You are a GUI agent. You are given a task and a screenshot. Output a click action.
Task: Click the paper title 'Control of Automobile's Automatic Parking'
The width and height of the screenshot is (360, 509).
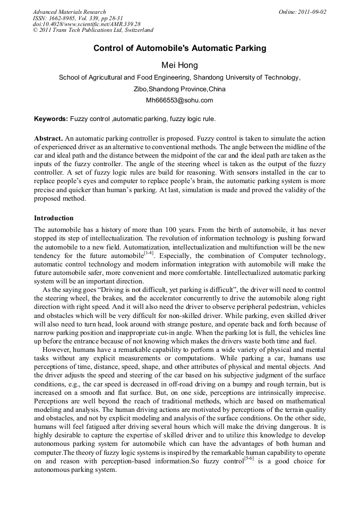pyautogui.click(x=179, y=48)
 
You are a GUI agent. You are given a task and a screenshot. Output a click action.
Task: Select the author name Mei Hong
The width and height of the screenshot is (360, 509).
pyautogui.click(x=179, y=65)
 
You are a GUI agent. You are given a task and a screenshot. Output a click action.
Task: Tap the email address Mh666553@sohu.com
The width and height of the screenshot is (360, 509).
pyautogui.click(x=179, y=100)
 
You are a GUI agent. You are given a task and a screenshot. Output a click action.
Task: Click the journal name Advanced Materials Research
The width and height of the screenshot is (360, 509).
pyautogui.click(x=69, y=12)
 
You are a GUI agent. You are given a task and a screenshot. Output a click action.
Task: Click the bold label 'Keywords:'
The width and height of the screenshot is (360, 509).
pyautogui.click(x=51, y=119)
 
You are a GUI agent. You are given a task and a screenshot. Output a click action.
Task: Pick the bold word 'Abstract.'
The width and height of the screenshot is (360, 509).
pyautogui.click(x=49, y=138)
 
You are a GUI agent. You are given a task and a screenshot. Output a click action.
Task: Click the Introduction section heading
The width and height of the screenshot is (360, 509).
pyautogui.click(x=54, y=218)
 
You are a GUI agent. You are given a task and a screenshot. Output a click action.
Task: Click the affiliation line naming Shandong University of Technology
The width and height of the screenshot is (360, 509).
pyautogui.click(x=179, y=77)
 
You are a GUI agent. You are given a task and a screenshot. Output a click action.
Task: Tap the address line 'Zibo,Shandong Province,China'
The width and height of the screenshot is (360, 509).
pyautogui.click(x=179, y=89)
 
